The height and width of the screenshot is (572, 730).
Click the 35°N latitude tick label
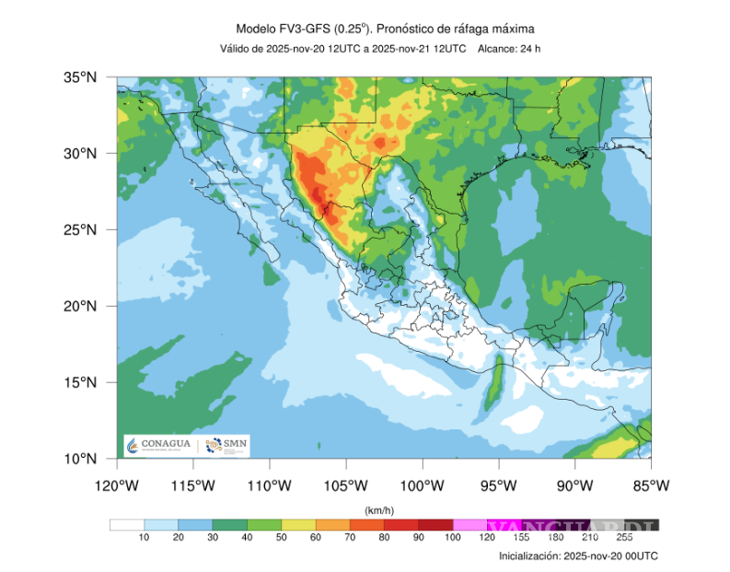tap(79, 78)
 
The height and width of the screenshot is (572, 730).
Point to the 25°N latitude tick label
tap(79, 229)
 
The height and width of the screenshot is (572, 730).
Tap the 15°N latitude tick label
tap(79, 382)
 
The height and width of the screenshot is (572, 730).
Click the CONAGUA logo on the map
tap(160, 445)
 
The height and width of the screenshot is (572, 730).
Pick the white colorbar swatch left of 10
tap(126, 526)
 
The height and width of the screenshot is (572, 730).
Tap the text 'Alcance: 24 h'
tap(509, 48)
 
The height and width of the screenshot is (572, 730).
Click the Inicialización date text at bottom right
tap(578, 556)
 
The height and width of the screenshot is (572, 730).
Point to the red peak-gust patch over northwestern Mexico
tap(318, 195)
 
